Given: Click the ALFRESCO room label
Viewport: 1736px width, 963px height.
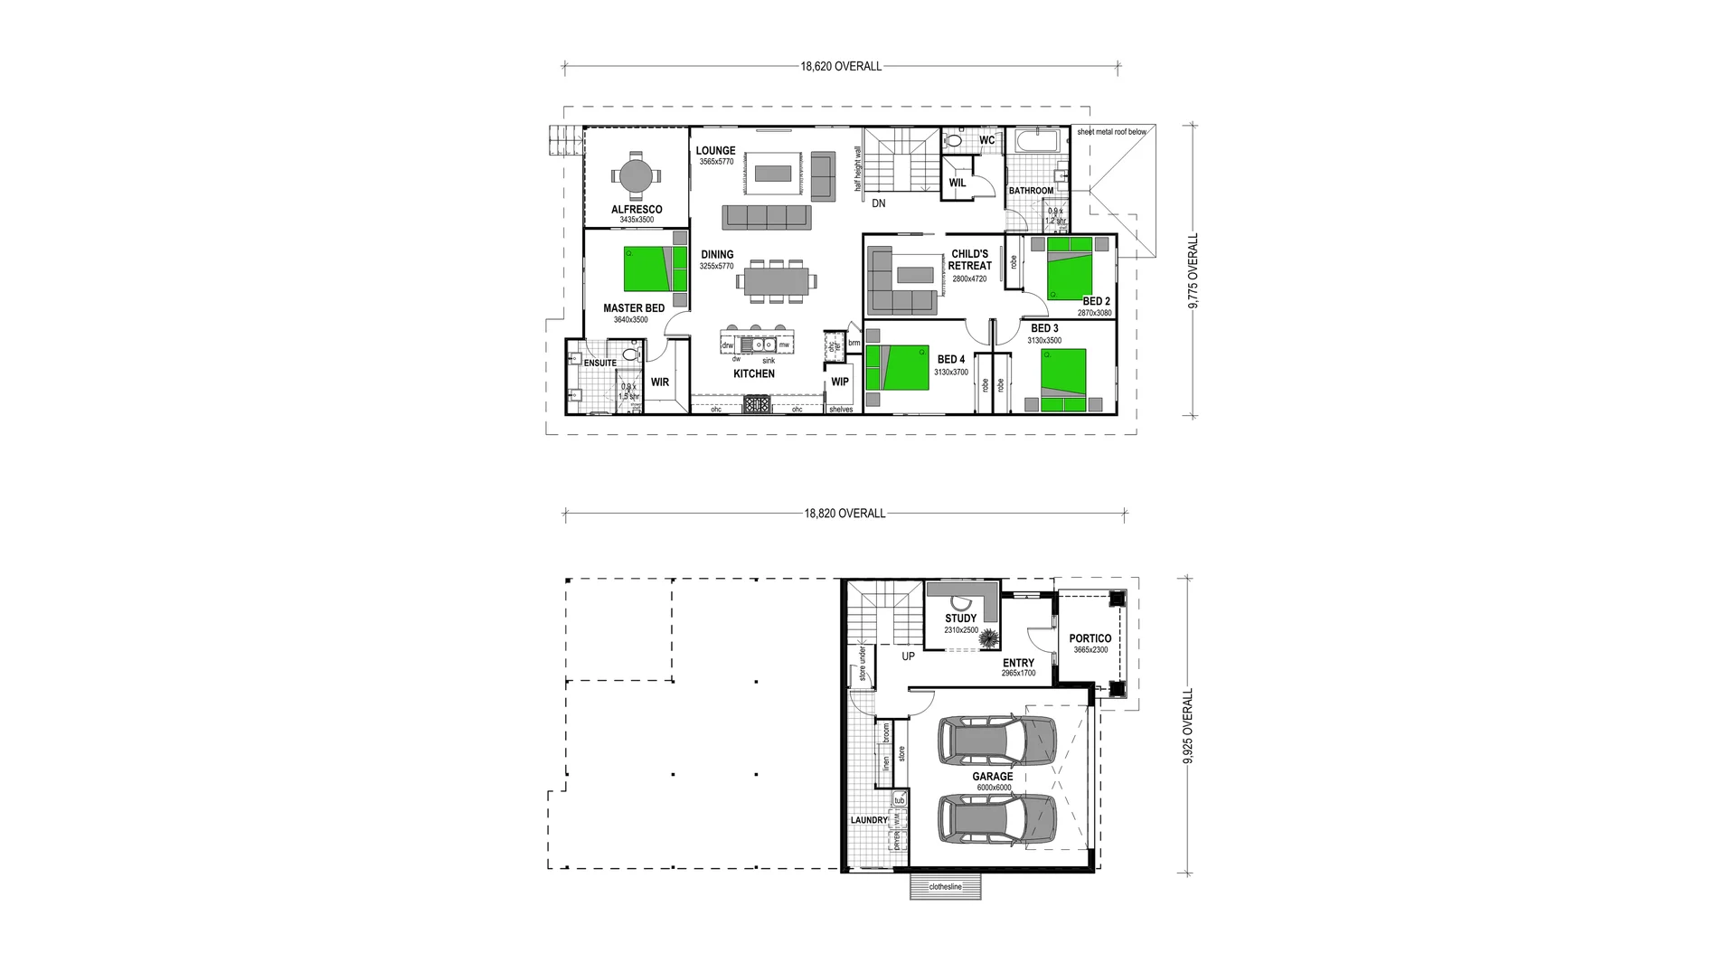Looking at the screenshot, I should pyautogui.click(x=637, y=209).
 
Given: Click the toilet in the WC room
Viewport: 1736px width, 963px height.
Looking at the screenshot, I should pyautogui.click(x=955, y=141).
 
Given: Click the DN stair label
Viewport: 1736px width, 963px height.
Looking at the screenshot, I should pyautogui.click(x=878, y=203).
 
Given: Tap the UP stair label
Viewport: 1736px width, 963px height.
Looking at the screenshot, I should pyautogui.click(x=908, y=656).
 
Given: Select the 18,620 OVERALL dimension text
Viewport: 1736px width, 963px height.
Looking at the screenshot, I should pyautogui.click(x=840, y=66).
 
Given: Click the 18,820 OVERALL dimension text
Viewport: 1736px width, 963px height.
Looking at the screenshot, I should pyautogui.click(x=844, y=514).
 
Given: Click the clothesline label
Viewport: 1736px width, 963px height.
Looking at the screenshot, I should pyautogui.click(x=945, y=887).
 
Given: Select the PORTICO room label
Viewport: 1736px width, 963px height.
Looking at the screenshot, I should pyautogui.click(x=1090, y=638).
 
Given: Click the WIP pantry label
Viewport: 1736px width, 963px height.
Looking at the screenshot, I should pyautogui.click(x=840, y=382).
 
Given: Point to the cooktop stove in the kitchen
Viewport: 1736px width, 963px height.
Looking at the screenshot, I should pyautogui.click(x=756, y=405).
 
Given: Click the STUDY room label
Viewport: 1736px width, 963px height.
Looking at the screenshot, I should pyautogui.click(x=960, y=618).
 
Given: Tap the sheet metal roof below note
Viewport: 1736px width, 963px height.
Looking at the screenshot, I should pyautogui.click(x=1111, y=132).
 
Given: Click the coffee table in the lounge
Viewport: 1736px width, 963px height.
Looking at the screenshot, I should pyautogui.click(x=775, y=172).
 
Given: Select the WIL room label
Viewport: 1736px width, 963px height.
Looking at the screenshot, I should pyautogui.click(x=958, y=183).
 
